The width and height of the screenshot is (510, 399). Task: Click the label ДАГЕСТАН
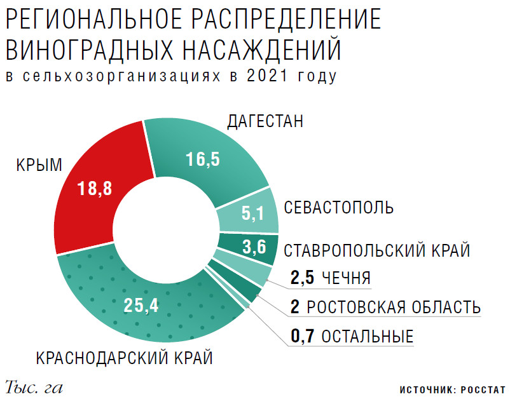[265, 121]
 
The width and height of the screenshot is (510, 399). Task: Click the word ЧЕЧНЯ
[346, 278]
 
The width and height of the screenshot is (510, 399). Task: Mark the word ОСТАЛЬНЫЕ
[368, 336]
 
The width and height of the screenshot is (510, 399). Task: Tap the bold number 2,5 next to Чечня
[301, 278]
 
